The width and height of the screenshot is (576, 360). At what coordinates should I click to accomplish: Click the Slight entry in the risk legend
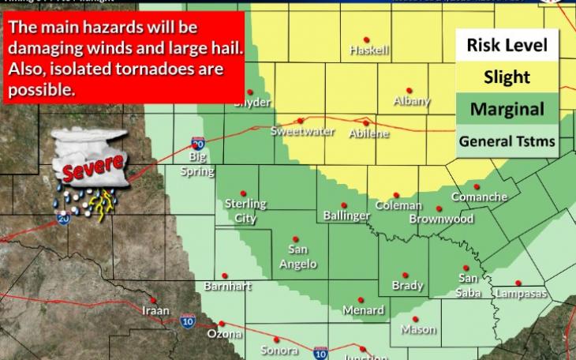[507, 77]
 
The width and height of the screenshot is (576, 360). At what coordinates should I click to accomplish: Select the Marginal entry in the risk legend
[507, 110]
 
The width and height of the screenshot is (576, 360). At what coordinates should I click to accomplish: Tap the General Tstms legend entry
[507, 142]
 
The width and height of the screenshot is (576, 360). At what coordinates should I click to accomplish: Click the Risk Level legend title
[507, 44]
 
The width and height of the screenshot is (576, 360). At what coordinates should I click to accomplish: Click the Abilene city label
[369, 133]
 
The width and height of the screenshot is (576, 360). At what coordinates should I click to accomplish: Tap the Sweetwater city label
[302, 131]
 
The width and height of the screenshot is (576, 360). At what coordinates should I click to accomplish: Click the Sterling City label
[245, 211]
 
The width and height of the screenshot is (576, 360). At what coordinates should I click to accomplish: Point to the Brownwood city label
[440, 219]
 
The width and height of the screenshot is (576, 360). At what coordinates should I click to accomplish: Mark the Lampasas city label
[519, 294]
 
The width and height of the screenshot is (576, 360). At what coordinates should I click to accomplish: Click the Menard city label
[364, 310]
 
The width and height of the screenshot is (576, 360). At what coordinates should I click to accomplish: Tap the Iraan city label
[155, 310]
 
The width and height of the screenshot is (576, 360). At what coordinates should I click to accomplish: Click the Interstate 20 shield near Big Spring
[198, 144]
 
